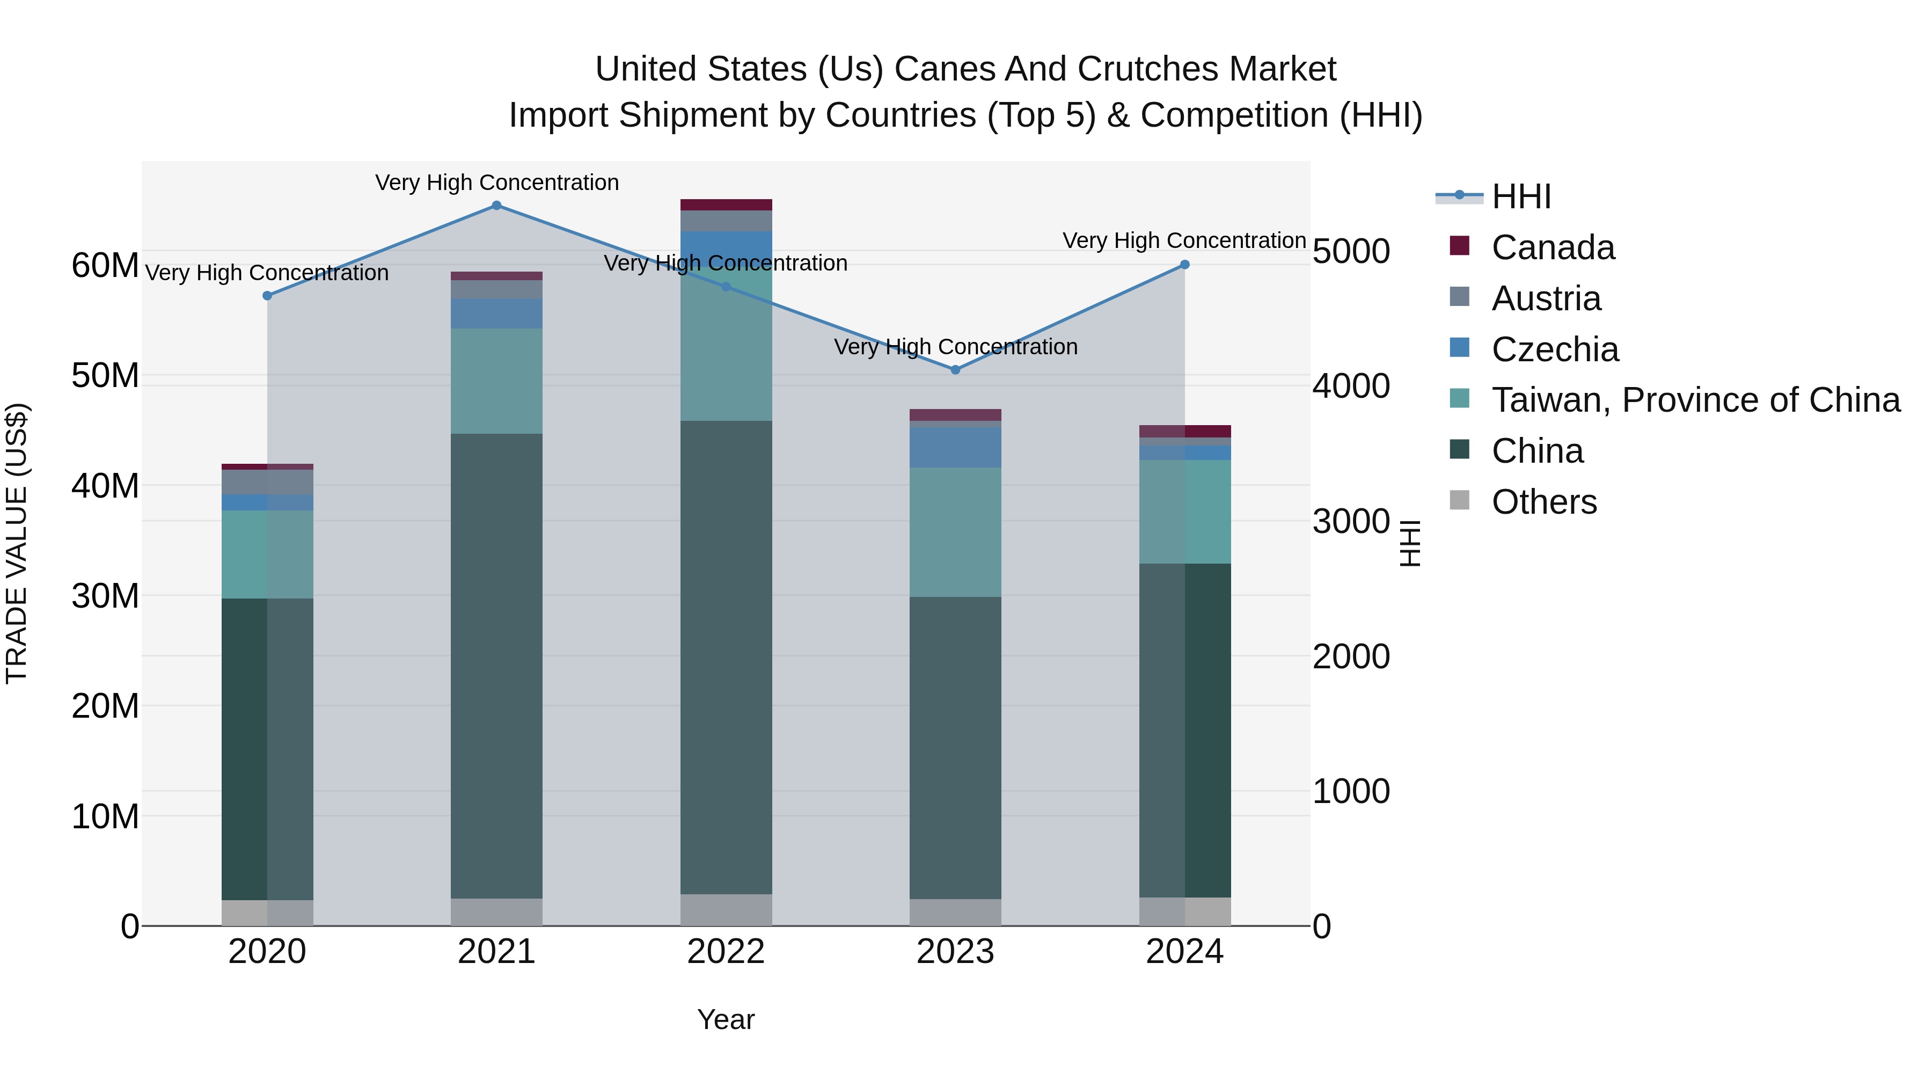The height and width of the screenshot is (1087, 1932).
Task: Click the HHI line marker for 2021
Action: [496, 206]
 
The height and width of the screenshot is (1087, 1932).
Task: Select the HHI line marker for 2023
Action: [955, 370]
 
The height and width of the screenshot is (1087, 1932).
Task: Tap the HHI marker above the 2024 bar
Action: [1185, 265]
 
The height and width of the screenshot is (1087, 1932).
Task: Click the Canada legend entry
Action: [1553, 247]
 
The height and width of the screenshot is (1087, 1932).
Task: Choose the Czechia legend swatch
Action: [1460, 348]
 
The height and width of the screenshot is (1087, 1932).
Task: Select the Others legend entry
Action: [1543, 502]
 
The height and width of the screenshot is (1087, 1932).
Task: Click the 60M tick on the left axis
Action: [105, 266]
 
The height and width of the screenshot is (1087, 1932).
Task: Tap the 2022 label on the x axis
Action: [726, 952]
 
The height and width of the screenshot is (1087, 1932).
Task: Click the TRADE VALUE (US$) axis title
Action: [17, 543]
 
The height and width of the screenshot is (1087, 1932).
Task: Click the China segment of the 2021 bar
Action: [496, 666]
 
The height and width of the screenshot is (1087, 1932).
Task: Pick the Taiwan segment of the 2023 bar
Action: [955, 532]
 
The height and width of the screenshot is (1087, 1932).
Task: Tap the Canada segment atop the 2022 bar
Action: [726, 205]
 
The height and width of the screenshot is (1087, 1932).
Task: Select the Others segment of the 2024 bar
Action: [1185, 911]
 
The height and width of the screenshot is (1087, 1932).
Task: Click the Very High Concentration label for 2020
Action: [267, 273]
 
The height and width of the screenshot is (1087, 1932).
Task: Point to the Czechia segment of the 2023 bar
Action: [955, 448]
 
